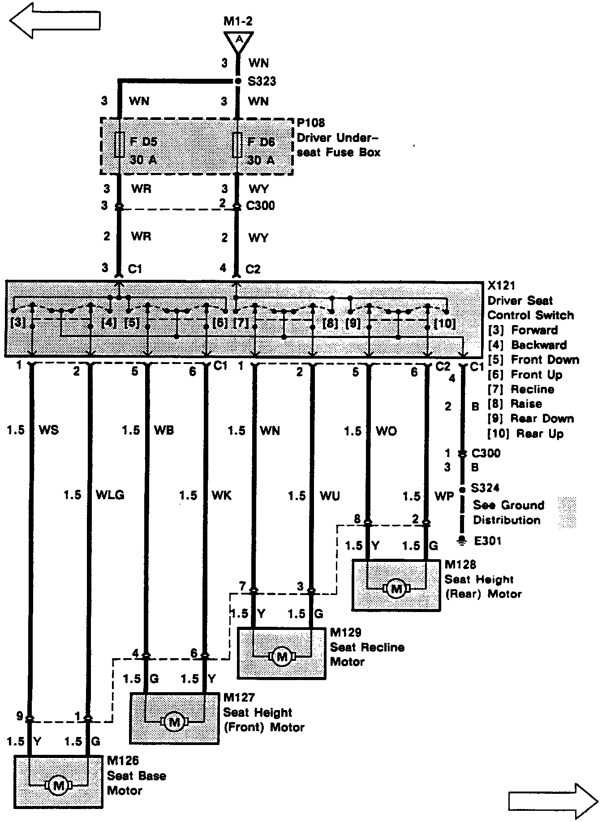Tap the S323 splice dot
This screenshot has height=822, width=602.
[238, 81]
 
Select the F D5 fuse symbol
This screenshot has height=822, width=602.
[119, 145]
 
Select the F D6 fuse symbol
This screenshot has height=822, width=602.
[238, 145]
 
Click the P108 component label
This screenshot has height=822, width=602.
[311, 123]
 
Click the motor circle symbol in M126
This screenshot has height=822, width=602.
[58, 784]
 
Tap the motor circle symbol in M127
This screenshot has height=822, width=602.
[174, 721]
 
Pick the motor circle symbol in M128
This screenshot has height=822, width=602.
[396, 588]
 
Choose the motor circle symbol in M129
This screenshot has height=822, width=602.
[282, 656]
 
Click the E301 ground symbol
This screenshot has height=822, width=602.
[461, 541]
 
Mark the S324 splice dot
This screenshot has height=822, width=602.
[462, 489]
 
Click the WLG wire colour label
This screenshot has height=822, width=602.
[110, 495]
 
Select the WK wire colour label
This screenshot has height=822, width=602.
[221, 495]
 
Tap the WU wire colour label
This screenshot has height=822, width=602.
[330, 496]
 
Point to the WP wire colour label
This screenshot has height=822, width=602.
[444, 496]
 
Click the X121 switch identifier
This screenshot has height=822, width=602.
[501, 286]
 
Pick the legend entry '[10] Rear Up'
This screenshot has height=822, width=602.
[526, 433]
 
